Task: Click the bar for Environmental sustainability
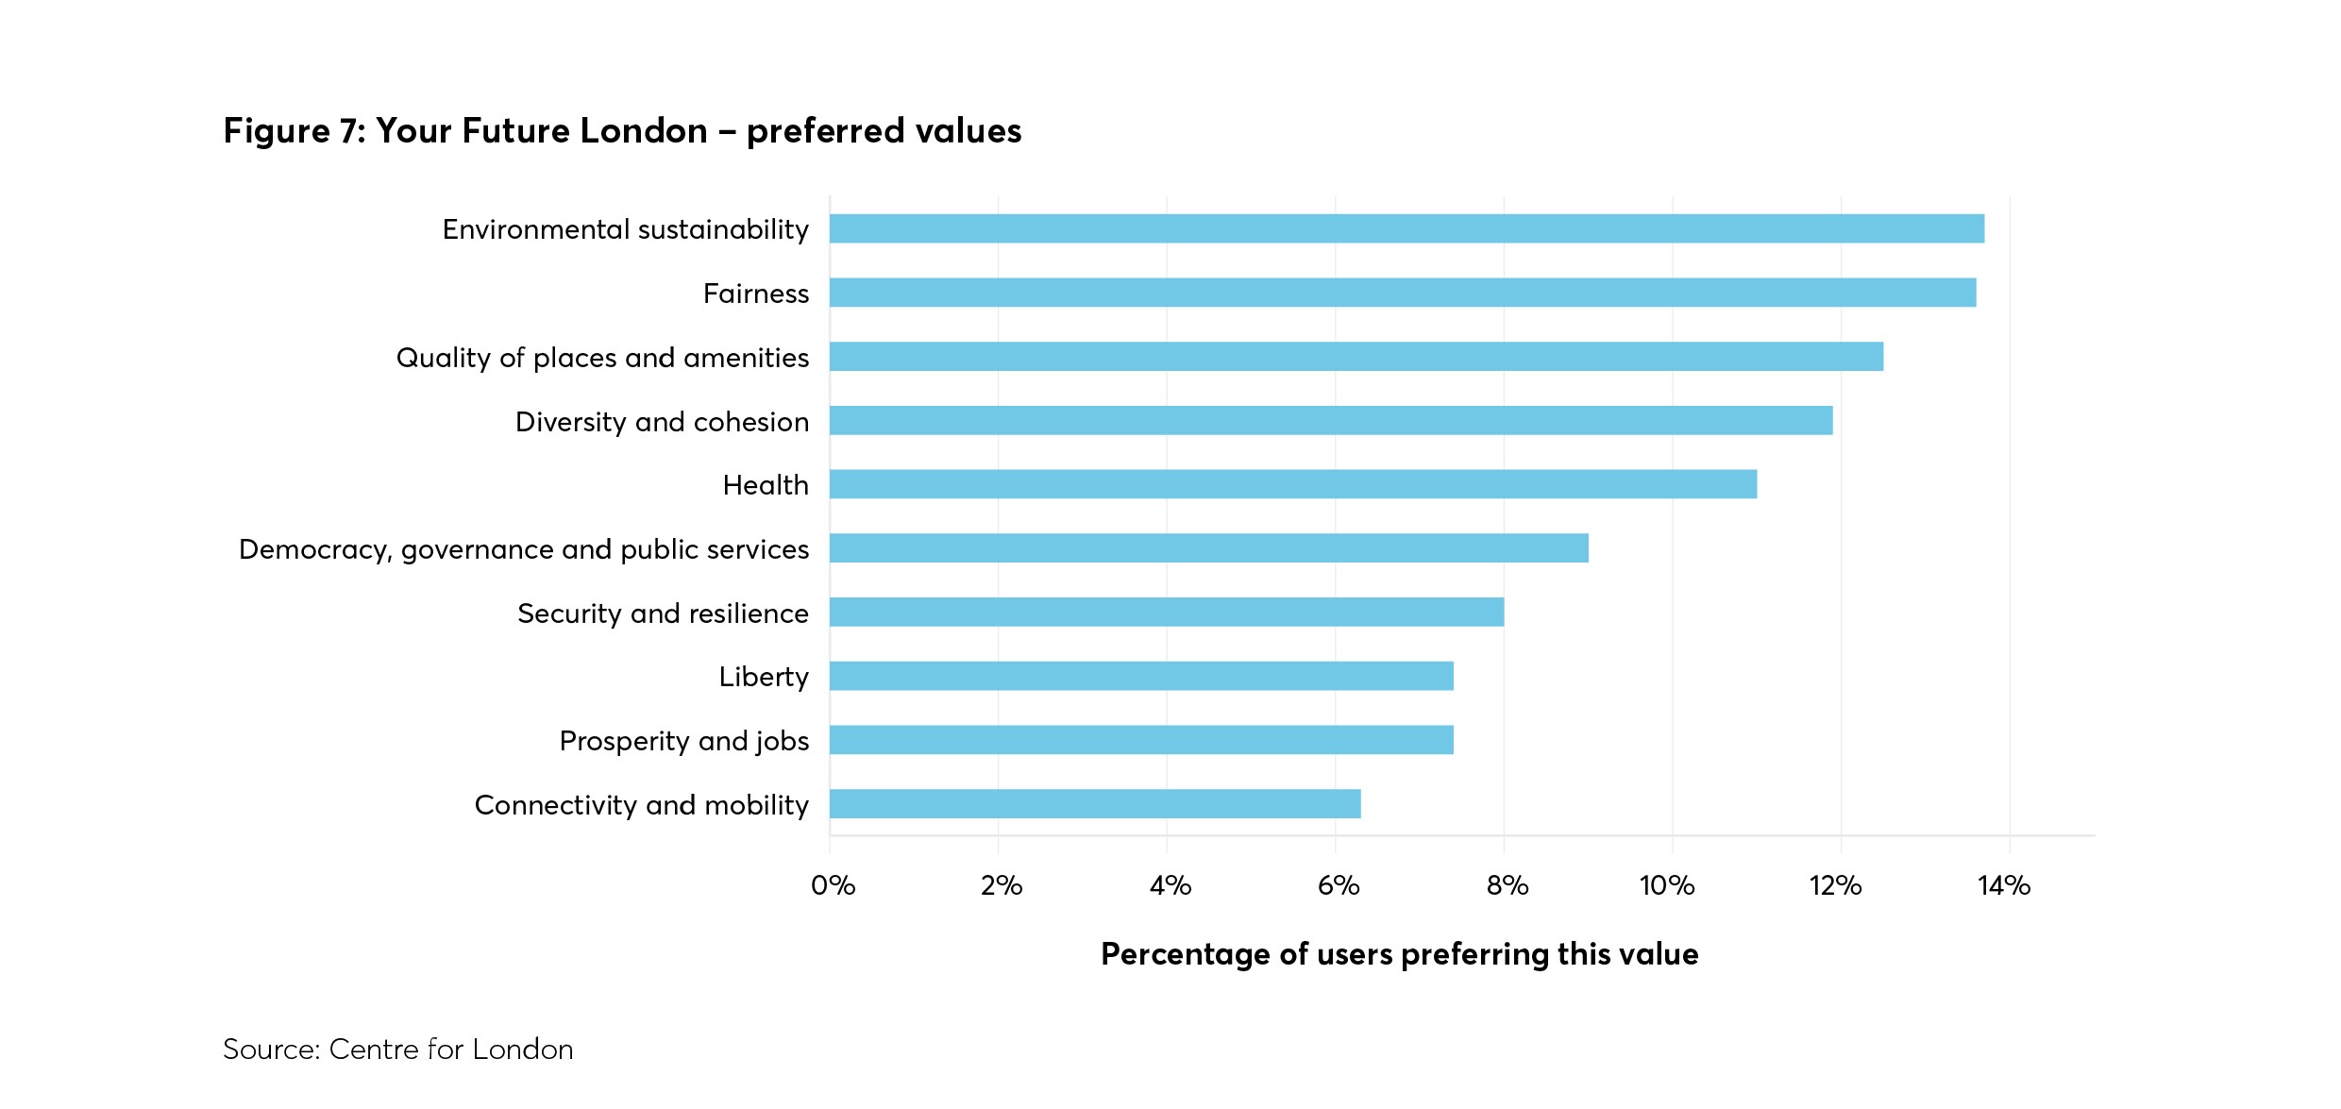[1406, 228]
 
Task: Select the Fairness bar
[1403, 293]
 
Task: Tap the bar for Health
[1293, 484]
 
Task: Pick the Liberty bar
[1141, 676]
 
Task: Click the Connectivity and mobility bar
[1095, 804]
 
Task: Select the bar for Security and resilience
[1167, 613]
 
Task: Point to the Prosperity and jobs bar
[1141, 740]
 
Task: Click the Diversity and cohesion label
[662, 422]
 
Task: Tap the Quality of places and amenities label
[602, 358]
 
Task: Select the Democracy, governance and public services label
[524, 549]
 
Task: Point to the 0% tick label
[833, 885]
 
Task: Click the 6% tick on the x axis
[1339, 885]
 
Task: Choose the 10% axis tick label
[1667, 885]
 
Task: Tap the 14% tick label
[2004, 885]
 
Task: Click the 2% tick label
[1002, 885]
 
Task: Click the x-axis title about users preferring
[1399, 954]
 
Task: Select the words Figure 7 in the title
[293, 131]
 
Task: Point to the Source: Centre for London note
[397, 1050]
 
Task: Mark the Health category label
[766, 485]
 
